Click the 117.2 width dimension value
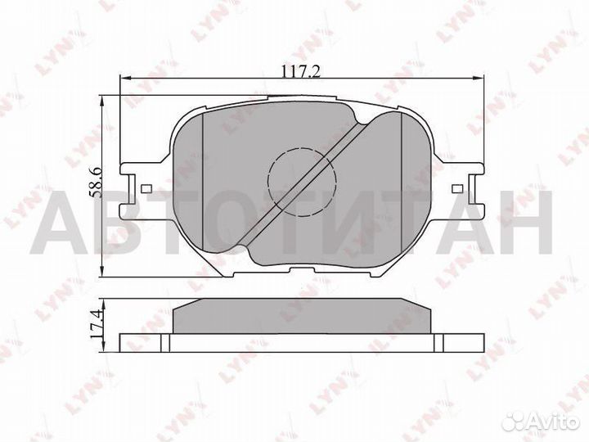pos(300,72)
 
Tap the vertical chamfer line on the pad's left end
pos(201,180)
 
